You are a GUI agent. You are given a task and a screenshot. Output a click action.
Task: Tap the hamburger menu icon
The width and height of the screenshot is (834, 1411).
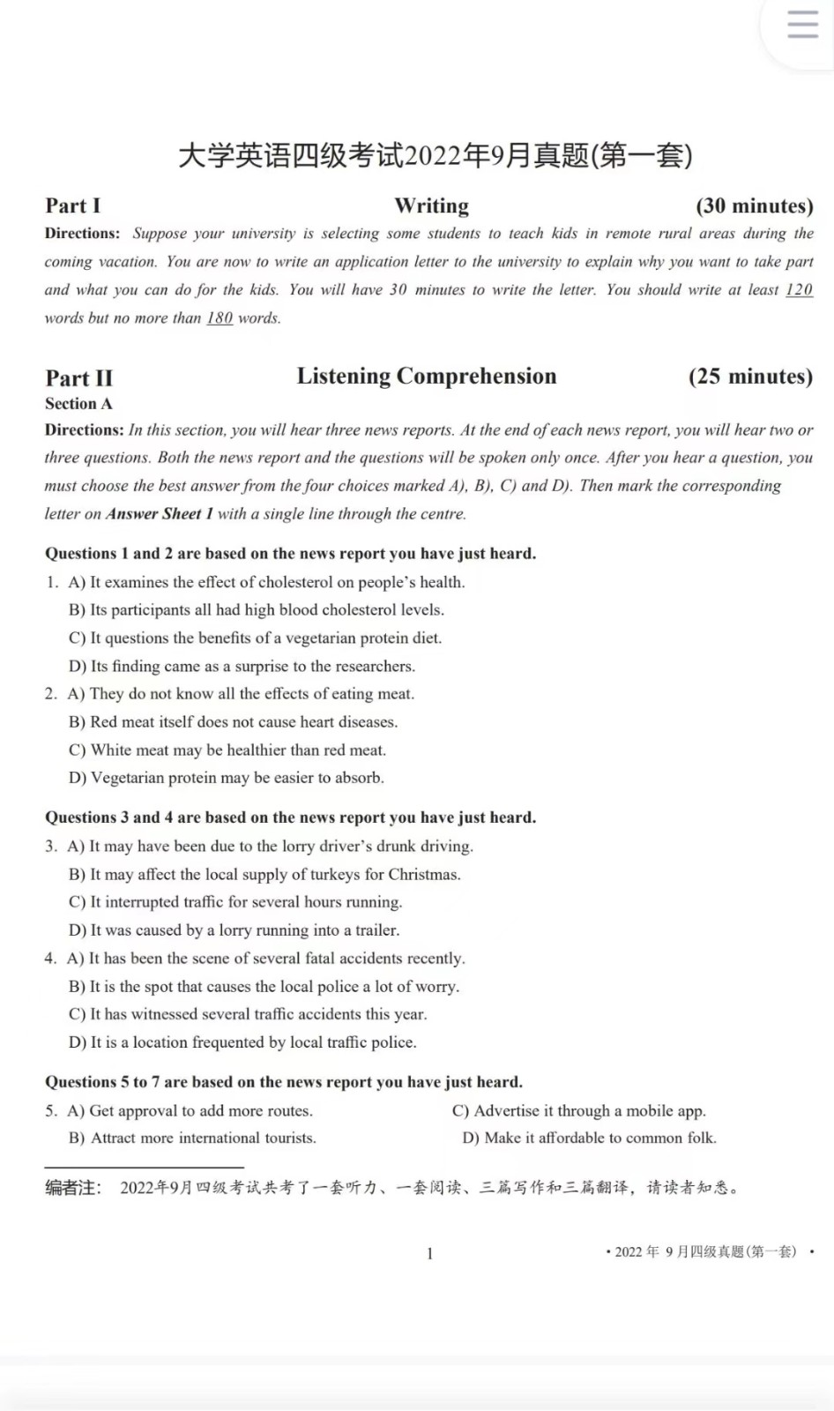tap(802, 25)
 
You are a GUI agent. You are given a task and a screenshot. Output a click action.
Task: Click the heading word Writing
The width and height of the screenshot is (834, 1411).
tap(431, 205)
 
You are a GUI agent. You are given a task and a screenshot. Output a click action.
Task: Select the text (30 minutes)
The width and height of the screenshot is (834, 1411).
tap(754, 205)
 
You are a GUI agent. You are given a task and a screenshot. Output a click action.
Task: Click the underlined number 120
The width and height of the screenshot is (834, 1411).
tap(799, 289)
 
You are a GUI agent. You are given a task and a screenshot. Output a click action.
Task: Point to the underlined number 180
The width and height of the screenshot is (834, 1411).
tap(220, 317)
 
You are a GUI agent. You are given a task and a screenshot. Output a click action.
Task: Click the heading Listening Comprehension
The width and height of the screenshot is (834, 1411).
tap(427, 376)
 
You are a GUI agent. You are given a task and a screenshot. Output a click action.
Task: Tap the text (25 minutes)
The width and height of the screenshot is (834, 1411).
tap(750, 376)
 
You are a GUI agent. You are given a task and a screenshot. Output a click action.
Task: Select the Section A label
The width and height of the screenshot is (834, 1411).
tap(78, 403)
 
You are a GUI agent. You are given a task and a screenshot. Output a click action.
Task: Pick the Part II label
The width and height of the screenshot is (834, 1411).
tap(78, 377)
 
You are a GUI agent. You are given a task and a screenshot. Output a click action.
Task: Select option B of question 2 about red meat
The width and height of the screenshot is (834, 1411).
tap(242, 721)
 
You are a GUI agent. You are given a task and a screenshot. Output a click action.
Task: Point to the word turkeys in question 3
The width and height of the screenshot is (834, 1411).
tap(334, 874)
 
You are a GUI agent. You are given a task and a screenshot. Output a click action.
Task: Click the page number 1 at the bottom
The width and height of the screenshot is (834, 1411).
tap(429, 1253)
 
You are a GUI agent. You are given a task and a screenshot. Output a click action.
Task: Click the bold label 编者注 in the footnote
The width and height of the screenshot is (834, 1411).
tap(73, 1188)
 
